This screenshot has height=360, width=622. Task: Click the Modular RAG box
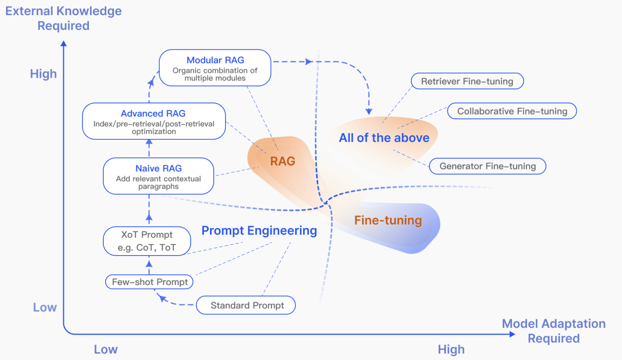tap(215, 68)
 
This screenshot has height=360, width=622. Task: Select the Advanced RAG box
tap(154, 121)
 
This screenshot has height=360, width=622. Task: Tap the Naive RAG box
tap(158, 176)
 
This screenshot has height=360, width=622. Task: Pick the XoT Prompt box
tap(147, 241)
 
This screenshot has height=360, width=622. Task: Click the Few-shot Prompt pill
tap(149, 282)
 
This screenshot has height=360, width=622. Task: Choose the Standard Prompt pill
tap(246, 305)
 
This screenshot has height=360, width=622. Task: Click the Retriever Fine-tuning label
tap(467, 81)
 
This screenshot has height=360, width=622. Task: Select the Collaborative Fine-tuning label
tap(512, 111)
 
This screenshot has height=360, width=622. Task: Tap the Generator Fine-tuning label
tap(488, 166)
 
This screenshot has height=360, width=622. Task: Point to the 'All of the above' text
tap(384, 138)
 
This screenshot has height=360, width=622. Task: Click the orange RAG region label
tap(283, 161)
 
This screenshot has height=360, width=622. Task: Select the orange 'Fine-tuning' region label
tap(388, 220)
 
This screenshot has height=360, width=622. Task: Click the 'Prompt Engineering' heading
tap(259, 231)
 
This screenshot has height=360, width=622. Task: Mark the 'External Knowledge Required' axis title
tap(63, 18)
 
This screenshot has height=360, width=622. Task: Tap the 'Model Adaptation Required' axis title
tap(554, 331)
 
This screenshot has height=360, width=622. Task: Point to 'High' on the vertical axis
tap(43, 74)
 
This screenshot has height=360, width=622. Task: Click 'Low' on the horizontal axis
tap(106, 349)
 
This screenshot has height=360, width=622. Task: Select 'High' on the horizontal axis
tap(451, 349)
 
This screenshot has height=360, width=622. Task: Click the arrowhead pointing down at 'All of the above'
tap(369, 111)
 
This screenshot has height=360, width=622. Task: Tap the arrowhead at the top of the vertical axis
tap(64, 44)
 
